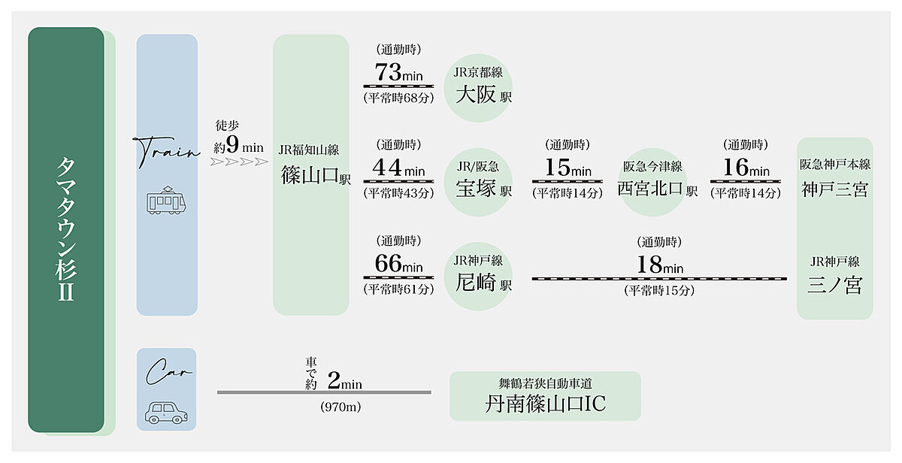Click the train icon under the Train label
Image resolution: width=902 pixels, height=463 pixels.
pos(167,201)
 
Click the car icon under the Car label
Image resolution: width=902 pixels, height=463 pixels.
pos(167,410)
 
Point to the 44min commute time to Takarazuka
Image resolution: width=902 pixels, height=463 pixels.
pos(398,168)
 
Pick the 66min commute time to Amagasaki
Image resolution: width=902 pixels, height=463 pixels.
pos(398,265)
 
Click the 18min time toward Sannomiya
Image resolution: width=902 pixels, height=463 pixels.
pos(659,265)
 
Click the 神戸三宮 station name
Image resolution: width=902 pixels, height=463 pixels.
pos(834,189)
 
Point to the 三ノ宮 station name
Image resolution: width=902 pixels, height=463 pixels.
pos(834,286)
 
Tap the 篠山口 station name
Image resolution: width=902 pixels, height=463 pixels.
pos(310,177)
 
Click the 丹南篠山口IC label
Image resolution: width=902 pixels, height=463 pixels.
pos(545,404)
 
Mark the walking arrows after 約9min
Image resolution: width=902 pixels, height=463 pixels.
pos(239,161)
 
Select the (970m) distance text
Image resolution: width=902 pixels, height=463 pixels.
pos(323,407)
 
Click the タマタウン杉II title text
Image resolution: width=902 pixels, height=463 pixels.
pos(65,229)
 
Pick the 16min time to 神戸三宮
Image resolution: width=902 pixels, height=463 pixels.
pos(746,168)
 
